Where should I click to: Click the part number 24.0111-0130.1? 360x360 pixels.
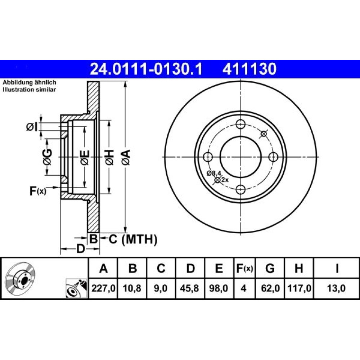coord(146,69)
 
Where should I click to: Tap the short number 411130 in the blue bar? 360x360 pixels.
coord(249,69)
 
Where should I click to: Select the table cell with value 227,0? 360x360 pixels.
coord(103,288)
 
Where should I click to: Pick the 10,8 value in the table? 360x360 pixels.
coord(132,288)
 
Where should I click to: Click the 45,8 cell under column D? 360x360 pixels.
coord(189,288)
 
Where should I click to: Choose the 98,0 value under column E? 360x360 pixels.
coord(219,288)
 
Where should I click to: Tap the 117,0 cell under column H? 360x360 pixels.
coord(299,288)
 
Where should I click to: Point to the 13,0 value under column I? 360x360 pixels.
coord(336,288)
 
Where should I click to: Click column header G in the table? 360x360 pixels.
coord(270,268)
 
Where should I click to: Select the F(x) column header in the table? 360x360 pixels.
coord(244,268)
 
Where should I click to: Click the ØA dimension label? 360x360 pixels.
coord(126,157)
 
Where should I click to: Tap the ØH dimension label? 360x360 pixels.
coord(109,157)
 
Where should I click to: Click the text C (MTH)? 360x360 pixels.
coord(133,239)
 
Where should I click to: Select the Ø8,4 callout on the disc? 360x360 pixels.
coord(214,173)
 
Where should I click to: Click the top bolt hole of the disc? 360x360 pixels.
coord(240,125)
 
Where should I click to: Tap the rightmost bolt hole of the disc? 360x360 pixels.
coord(273,157)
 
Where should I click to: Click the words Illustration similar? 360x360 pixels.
coord(29,90)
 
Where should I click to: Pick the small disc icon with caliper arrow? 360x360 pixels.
coord(76,288)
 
